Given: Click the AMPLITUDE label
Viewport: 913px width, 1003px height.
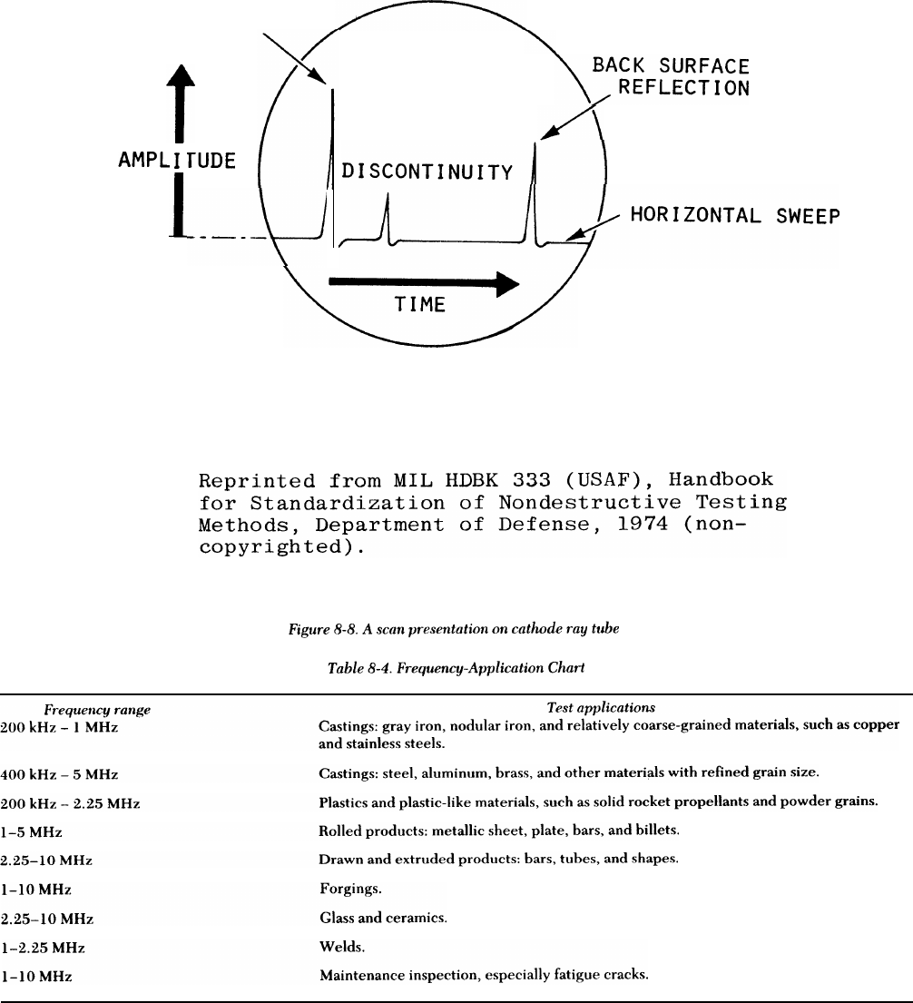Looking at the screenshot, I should [x=177, y=161].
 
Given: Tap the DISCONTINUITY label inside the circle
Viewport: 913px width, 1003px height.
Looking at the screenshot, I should [x=427, y=172].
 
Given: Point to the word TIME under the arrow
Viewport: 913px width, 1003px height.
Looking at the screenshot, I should [x=420, y=304].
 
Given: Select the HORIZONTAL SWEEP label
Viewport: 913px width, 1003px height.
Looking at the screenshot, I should [x=735, y=216].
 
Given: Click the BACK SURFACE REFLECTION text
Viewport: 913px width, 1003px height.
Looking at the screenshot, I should [x=671, y=77].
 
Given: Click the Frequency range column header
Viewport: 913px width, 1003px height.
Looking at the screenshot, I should [x=97, y=710].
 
